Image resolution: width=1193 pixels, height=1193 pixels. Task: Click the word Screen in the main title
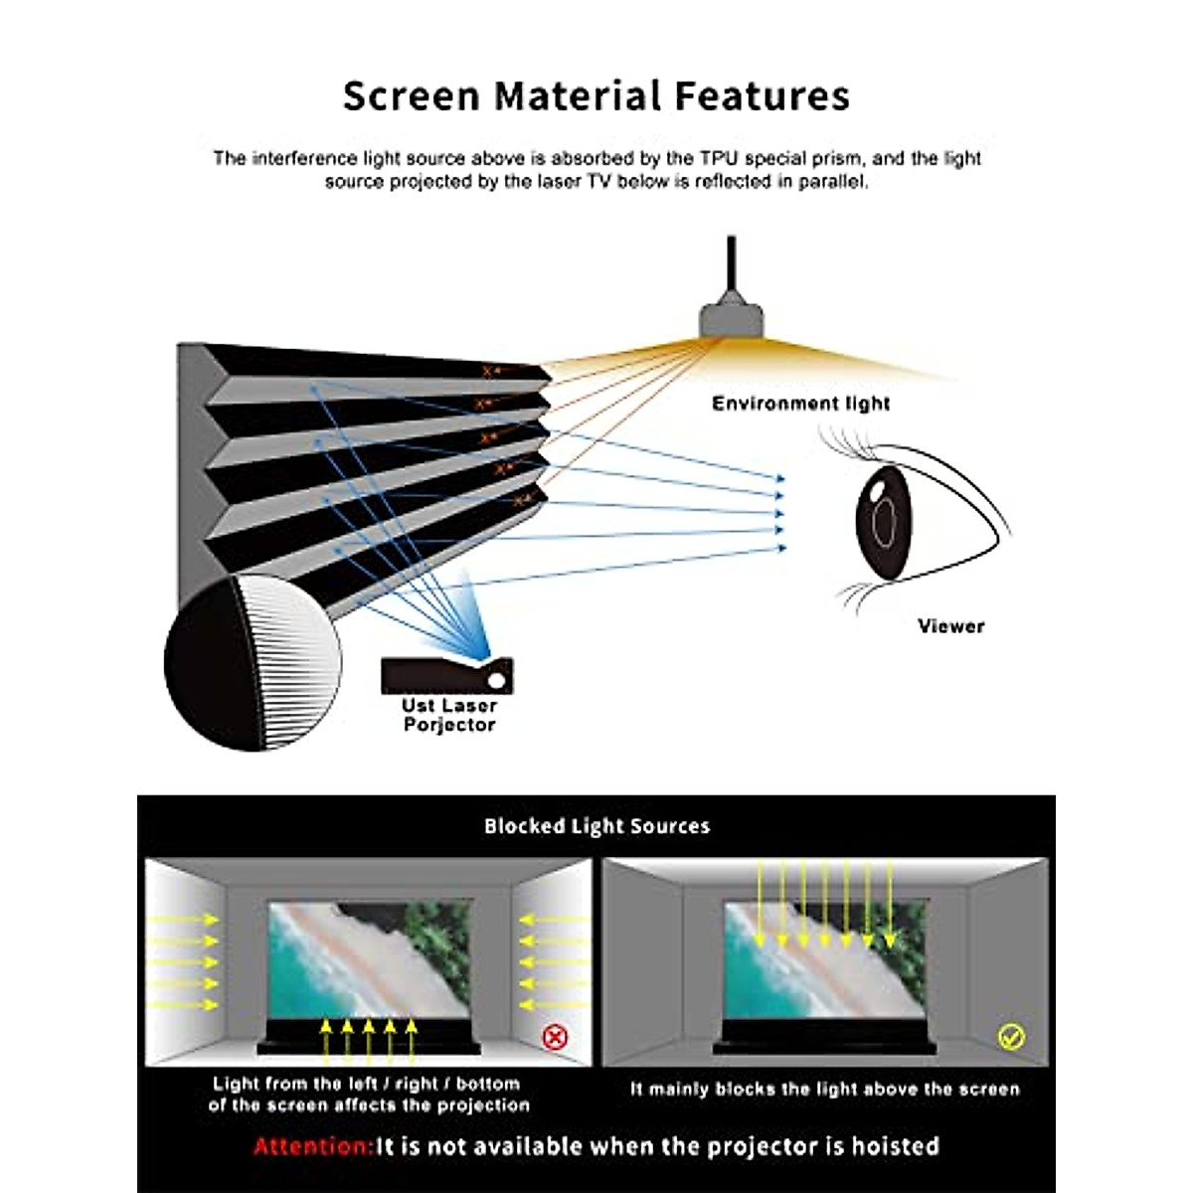pos(411,96)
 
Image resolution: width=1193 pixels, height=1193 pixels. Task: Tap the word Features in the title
pos(763,96)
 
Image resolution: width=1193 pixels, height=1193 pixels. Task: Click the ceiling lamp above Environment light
pos(731,317)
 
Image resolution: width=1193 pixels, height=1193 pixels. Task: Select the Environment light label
pos(800,404)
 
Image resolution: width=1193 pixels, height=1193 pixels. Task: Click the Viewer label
pos(950,626)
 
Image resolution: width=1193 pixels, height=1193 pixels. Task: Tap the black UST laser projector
pos(437,676)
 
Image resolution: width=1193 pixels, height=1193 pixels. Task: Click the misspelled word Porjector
pos(449,726)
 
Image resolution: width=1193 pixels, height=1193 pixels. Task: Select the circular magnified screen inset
pos(253,662)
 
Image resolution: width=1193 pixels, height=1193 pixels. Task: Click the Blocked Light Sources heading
pos(596,826)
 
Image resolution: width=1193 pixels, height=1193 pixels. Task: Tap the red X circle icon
pos(555,1038)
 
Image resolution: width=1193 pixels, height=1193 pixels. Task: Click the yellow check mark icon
pos(1010,1037)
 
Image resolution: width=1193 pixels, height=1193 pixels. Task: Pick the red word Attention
pos(312,1146)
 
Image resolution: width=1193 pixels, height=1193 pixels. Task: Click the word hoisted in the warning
pos(895,1146)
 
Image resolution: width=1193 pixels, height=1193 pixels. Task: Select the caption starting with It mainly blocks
pos(825,1090)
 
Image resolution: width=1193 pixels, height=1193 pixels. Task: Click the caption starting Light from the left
pos(369,1095)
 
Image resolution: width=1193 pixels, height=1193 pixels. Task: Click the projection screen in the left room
pos(369,959)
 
